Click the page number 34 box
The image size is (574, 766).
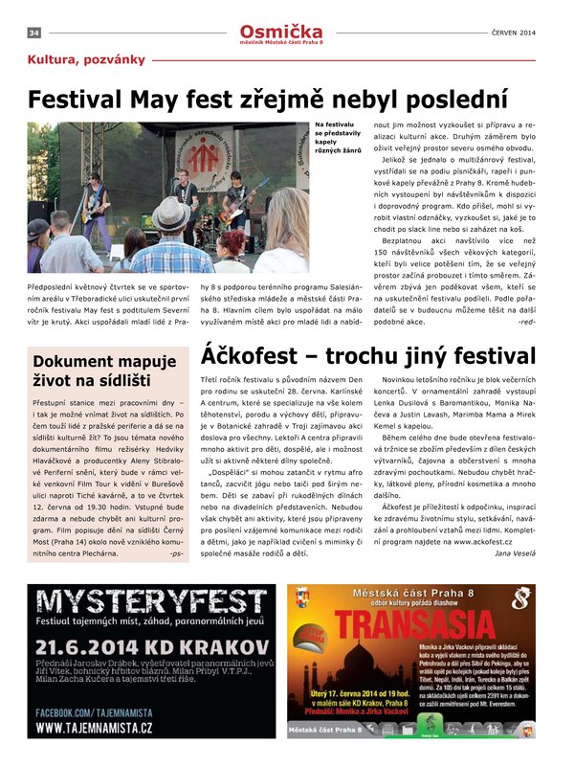tap(33, 33)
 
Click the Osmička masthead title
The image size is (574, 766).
tap(282, 31)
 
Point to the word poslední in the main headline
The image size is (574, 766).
tap(446, 100)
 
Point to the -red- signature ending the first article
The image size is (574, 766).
tap(526, 322)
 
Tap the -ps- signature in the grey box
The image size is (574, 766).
tap(175, 553)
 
